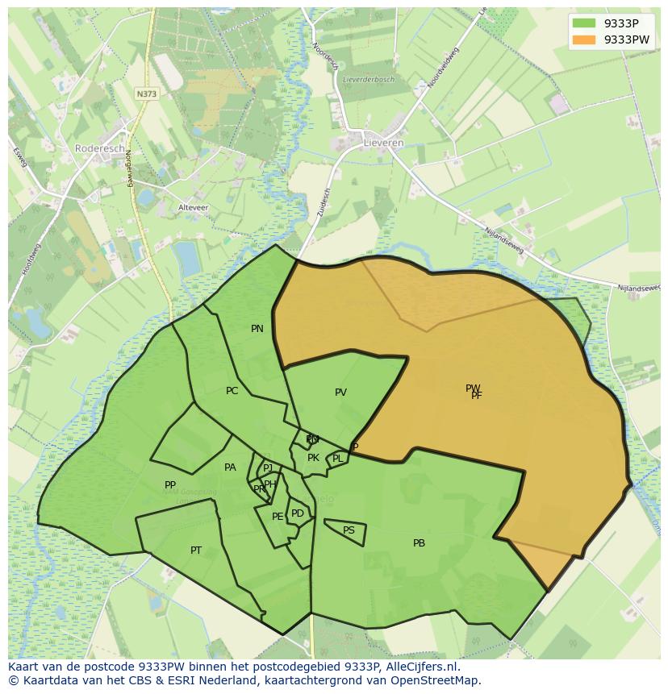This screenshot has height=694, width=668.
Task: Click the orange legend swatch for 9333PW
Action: coord(584,39)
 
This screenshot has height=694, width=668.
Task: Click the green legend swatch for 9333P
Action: coord(584,23)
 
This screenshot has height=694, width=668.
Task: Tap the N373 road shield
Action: coord(147,94)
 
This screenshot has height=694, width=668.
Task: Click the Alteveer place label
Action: coord(193,207)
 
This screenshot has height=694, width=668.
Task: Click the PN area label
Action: coord(257,329)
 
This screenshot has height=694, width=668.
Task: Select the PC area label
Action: coord(232,391)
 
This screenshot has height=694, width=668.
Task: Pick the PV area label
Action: coord(340,393)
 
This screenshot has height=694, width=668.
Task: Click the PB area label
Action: coord(419,543)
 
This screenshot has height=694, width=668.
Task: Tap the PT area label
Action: coord(196,551)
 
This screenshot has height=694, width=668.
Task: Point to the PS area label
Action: coord(349,530)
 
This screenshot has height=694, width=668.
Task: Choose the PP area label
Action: coord(170,485)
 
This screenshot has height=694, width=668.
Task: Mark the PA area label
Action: coord(230,468)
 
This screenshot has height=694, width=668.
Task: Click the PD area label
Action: coord(298,513)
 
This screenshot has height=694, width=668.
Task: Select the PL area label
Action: coord(337,459)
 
